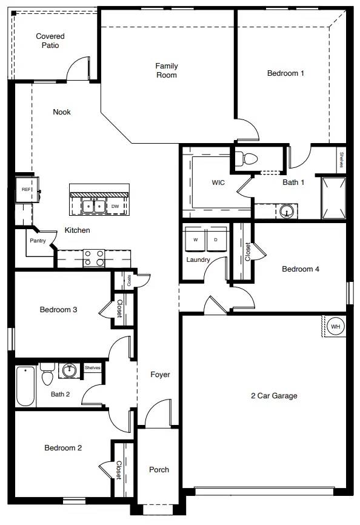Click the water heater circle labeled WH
(335, 326)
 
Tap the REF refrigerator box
(27, 190)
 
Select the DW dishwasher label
(115, 206)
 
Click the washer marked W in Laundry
(195, 239)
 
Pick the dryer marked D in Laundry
(216, 239)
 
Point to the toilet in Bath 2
(47, 374)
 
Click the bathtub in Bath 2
(25, 386)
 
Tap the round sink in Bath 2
(70, 370)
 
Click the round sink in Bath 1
(287, 211)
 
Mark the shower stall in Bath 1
(333, 198)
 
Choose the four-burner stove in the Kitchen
(94, 258)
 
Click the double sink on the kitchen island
(94, 206)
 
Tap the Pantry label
(38, 241)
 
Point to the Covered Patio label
(50, 41)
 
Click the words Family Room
(167, 70)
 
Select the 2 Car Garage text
(274, 396)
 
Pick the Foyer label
(160, 374)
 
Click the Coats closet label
(129, 281)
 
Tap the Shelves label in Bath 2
(92, 367)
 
